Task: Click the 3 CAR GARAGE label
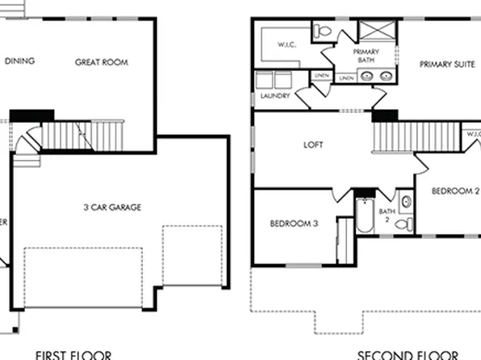click(111, 207)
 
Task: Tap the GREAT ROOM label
click(102, 62)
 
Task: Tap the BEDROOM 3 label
click(293, 224)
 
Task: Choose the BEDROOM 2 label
click(455, 191)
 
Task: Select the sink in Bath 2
click(406, 201)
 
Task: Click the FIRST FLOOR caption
click(73, 354)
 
